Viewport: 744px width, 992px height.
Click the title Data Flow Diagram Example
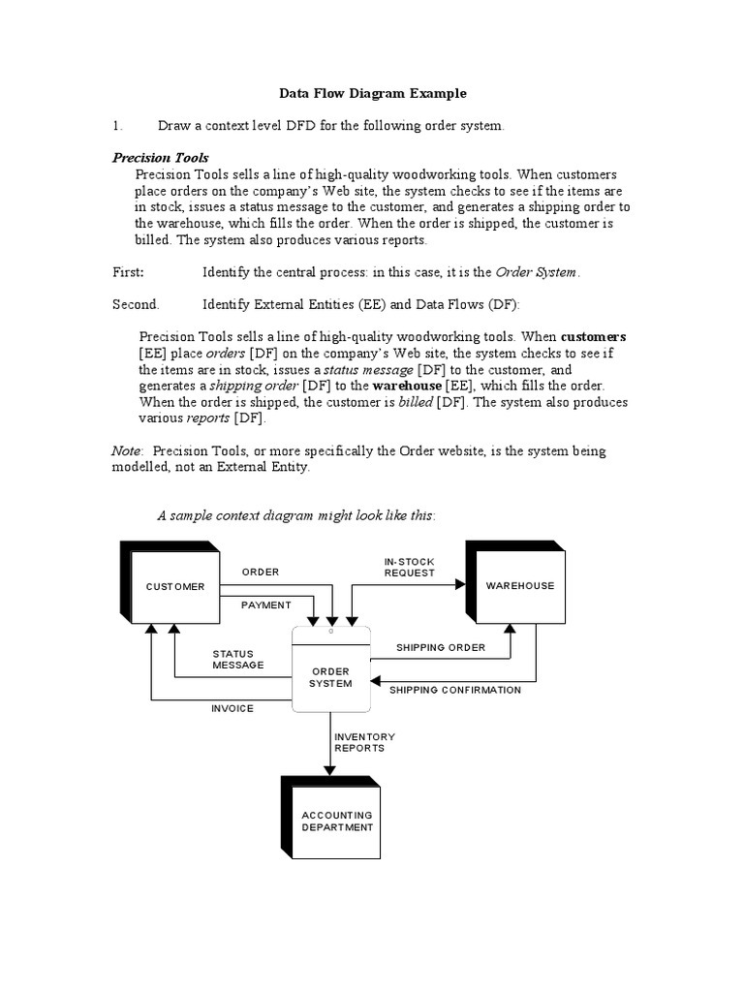(x=373, y=94)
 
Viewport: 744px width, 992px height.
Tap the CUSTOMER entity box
(x=175, y=586)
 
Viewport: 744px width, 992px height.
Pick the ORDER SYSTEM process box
(x=331, y=676)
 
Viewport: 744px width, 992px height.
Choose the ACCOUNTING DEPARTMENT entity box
(x=336, y=821)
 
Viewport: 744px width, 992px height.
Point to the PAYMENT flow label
(x=266, y=605)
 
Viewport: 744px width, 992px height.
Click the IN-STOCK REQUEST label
(x=410, y=568)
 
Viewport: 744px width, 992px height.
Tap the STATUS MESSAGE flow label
(x=238, y=660)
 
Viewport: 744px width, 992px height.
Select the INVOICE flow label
(x=232, y=708)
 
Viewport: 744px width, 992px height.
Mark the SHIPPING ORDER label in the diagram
(x=441, y=647)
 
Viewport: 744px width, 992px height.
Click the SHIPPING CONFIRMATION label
(x=455, y=690)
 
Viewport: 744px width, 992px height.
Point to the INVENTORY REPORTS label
(x=364, y=742)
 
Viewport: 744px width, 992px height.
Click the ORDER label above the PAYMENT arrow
(x=261, y=573)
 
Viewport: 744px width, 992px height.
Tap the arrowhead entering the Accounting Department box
(x=330, y=770)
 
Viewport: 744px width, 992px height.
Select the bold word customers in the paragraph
(x=593, y=337)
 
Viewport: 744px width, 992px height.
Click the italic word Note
(x=127, y=451)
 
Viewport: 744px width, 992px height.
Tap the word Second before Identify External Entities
(x=136, y=304)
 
